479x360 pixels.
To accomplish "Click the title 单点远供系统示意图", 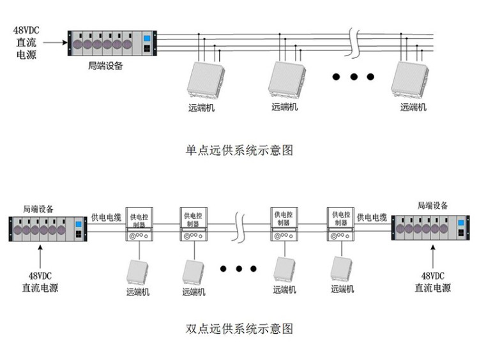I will [239, 151].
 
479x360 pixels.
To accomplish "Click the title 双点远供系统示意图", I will [239, 329].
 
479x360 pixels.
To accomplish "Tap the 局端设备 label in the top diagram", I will [105, 66].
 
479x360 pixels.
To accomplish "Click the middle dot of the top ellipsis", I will [353, 77].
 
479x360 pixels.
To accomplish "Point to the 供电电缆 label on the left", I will [106, 218].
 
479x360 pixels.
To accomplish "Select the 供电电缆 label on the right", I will [372, 218].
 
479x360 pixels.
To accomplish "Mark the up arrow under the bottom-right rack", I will [432, 257].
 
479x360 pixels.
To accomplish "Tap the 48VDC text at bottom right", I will [432, 276].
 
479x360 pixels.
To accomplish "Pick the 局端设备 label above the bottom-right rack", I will [432, 206].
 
